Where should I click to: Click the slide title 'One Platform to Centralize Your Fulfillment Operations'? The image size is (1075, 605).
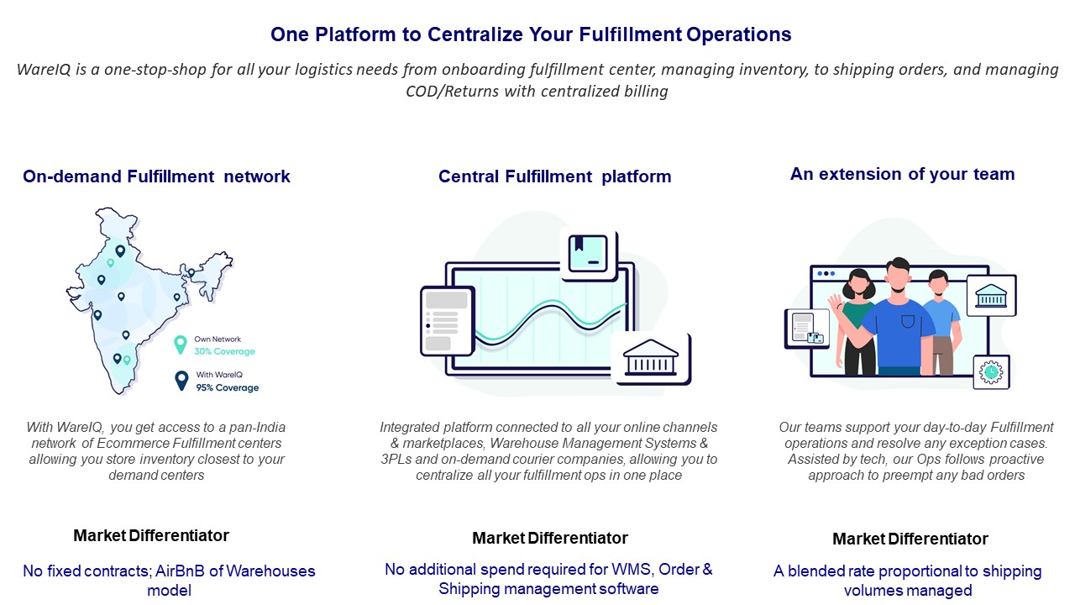coord(531,34)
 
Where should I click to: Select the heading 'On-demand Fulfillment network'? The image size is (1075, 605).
coord(156,176)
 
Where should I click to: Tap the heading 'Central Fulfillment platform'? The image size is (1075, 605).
coord(555,176)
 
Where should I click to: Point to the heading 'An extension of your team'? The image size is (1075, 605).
coord(902,174)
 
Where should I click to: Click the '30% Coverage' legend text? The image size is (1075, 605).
coord(224,351)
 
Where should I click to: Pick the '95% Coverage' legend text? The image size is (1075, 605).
coord(228,387)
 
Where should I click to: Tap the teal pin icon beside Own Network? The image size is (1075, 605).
coord(181,345)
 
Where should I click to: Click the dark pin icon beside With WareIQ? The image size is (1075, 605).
coord(181,381)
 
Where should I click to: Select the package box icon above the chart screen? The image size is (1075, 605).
coord(589,253)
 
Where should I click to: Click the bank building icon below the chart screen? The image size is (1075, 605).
coord(651,359)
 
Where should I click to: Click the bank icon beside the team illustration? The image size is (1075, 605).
coord(992,295)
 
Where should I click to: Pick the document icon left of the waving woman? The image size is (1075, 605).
coord(807,329)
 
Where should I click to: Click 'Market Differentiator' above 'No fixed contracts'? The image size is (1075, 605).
coord(151,535)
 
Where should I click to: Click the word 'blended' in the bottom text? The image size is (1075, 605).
coord(815,571)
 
